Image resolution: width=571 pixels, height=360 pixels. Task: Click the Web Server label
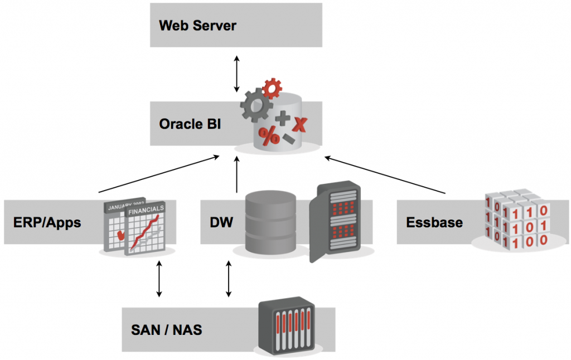197,26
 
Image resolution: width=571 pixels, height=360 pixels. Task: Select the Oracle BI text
190,123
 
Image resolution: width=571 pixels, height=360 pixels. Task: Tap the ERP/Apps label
47,223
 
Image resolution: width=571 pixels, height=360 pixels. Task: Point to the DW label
221,223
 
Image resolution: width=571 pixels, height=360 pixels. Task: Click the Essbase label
434,223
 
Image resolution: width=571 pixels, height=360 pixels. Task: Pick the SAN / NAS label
166,330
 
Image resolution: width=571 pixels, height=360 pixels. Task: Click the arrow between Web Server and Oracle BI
237,74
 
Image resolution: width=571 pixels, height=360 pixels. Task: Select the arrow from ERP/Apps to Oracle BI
159,174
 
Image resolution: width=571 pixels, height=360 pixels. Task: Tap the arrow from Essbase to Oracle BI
385,176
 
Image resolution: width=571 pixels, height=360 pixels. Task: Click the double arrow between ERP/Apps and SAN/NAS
159,278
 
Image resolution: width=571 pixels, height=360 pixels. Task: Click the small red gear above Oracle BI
272,89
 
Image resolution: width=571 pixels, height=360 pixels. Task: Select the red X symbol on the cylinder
299,124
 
